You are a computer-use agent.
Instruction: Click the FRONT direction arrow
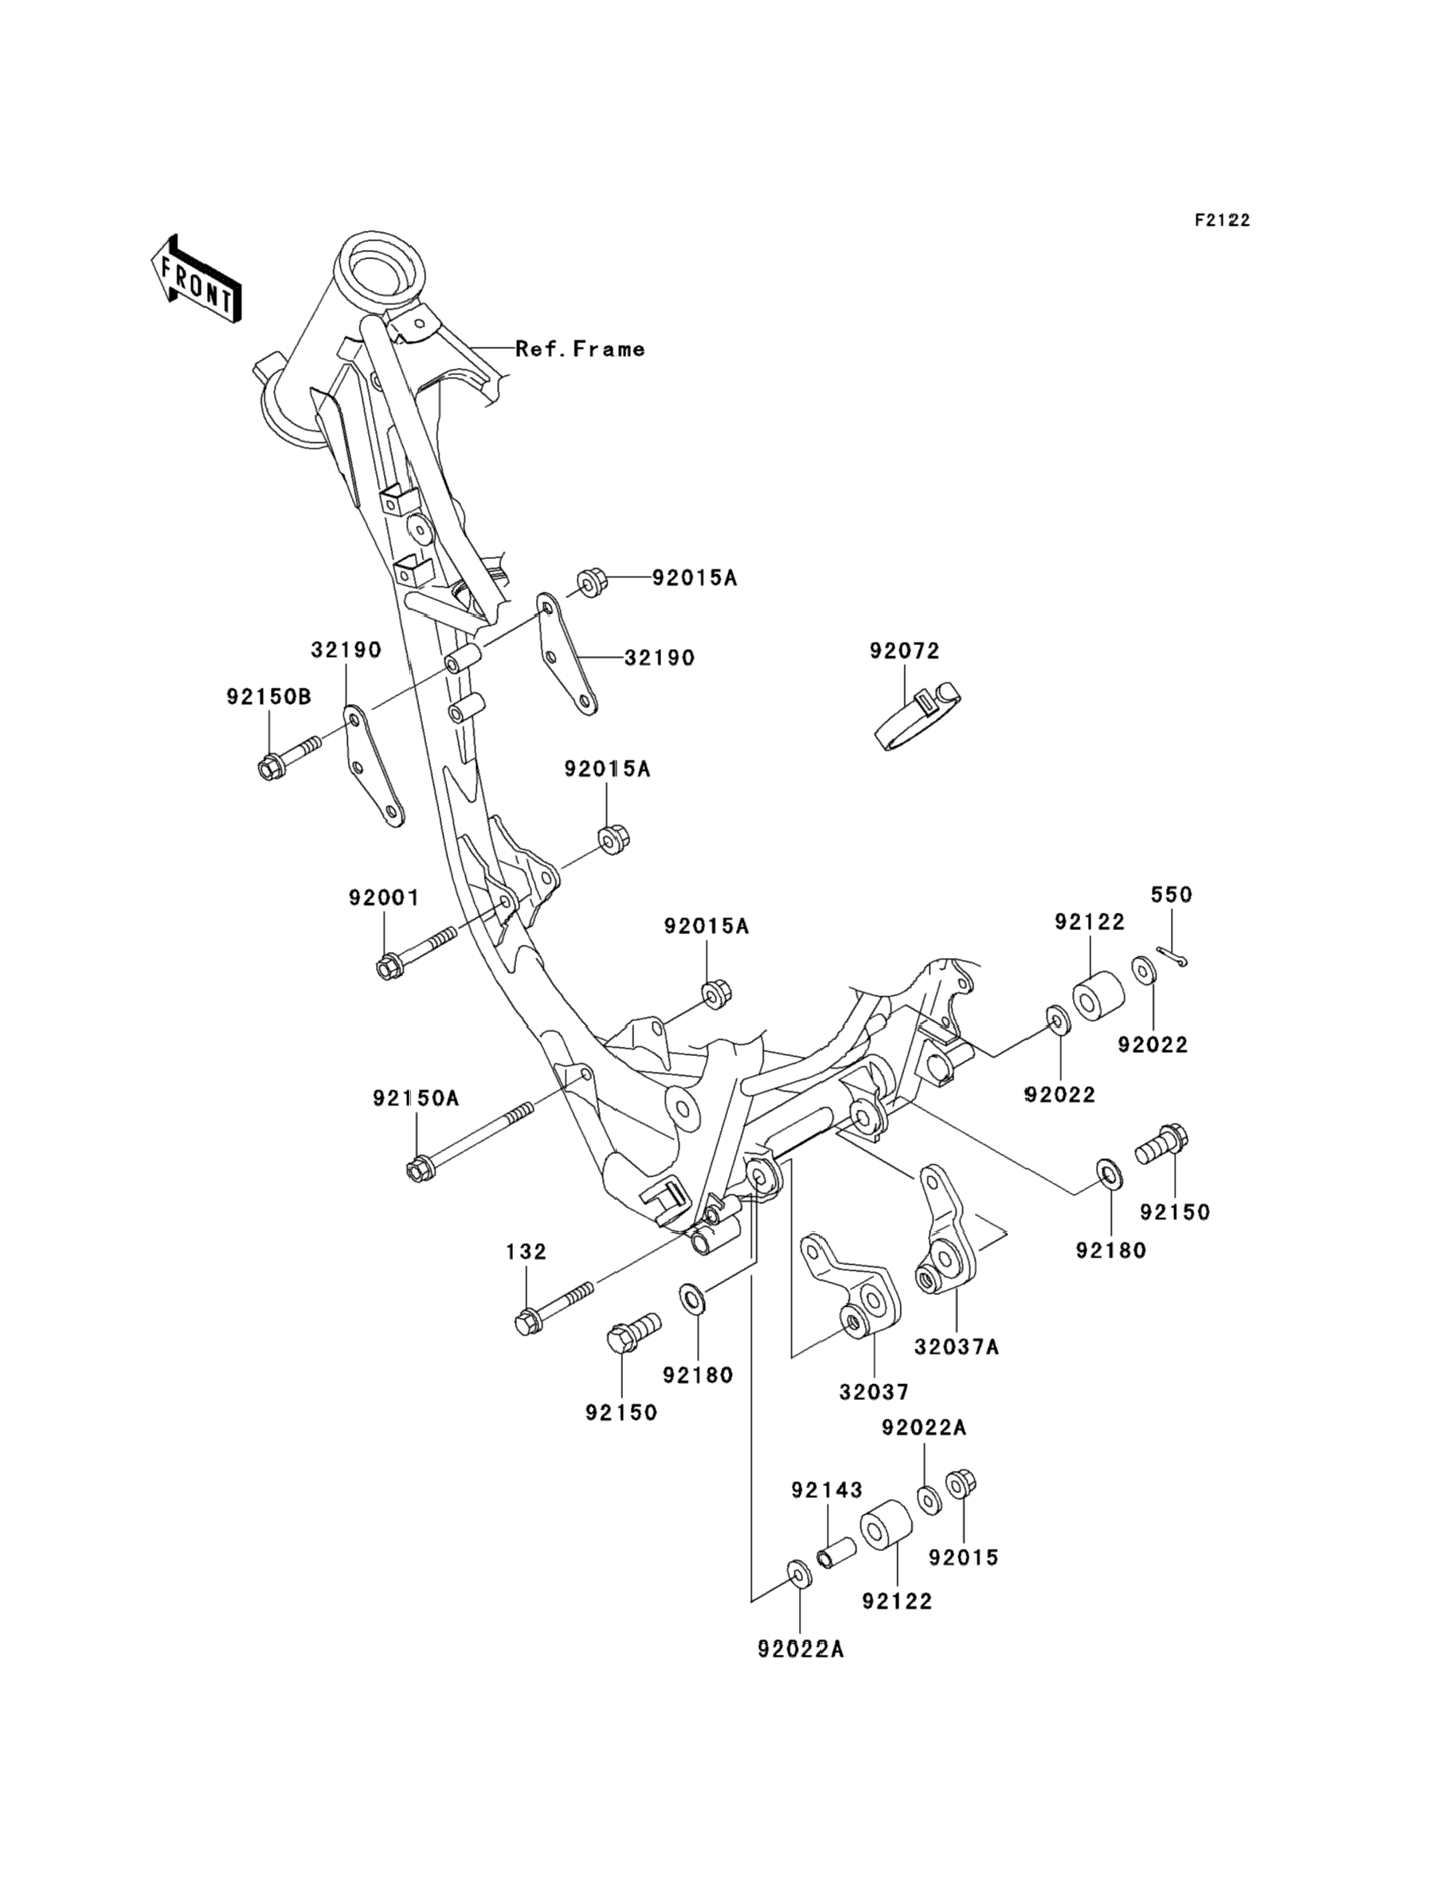point(195,279)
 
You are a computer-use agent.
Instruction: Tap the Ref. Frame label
point(580,349)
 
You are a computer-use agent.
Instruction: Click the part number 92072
point(904,651)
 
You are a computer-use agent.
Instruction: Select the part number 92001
point(383,898)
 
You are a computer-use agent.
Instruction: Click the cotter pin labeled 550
point(1172,957)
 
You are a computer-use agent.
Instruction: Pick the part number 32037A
point(957,1347)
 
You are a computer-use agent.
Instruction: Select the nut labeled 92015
point(961,1485)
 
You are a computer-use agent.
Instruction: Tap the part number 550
point(1171,895)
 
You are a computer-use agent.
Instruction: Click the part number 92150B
point(268,697)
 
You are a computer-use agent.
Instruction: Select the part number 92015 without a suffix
point(964,1558)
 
